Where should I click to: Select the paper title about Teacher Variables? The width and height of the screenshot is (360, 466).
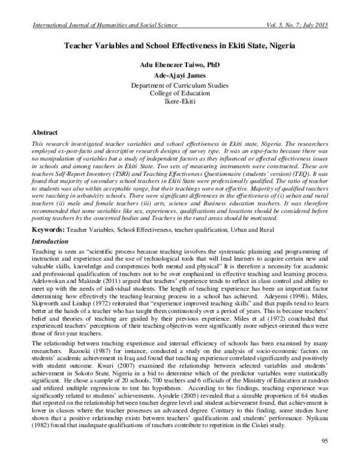point(180,45)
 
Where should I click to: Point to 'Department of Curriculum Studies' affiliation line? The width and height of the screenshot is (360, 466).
point(180,86)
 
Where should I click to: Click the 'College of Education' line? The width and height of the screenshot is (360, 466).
point(180,95)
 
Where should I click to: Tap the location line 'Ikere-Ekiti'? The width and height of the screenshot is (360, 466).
point(180,103)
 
